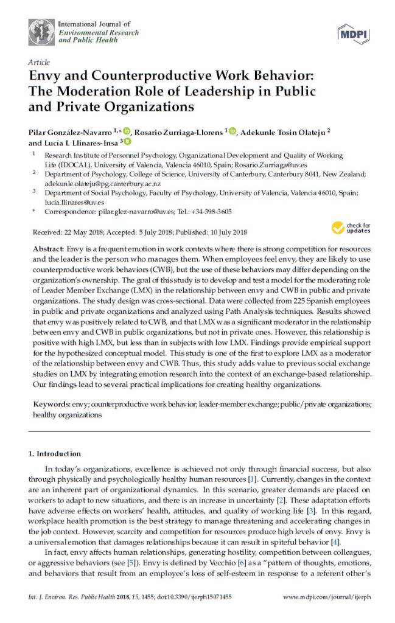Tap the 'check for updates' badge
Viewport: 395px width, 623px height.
click(350, 228)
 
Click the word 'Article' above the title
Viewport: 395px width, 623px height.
click(38, 63)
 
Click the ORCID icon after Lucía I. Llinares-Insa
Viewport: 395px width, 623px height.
click(127, 142)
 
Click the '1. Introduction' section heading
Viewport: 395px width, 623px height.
click(55, 454)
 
